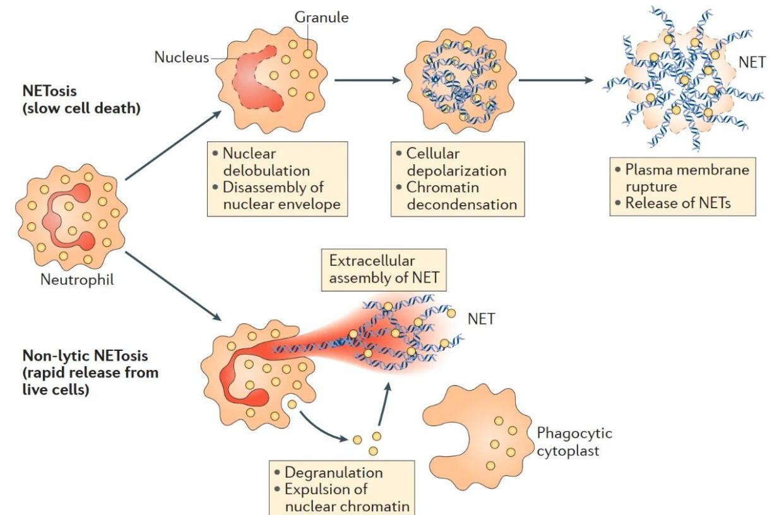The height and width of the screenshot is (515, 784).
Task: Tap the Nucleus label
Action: click(181, 57)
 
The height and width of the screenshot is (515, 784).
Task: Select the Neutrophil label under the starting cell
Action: click(78, 279)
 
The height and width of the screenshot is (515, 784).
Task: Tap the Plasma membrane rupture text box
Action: click(683, 186)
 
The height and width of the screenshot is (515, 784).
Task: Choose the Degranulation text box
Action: click(342, 488)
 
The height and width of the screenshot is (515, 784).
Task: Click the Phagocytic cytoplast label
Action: click(574, 442)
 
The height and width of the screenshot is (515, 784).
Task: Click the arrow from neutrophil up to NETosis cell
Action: click(173, 145)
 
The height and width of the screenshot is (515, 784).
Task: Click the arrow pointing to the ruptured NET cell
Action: click(555, 81)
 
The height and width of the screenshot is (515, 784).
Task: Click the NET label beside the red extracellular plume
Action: click(481, 319)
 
